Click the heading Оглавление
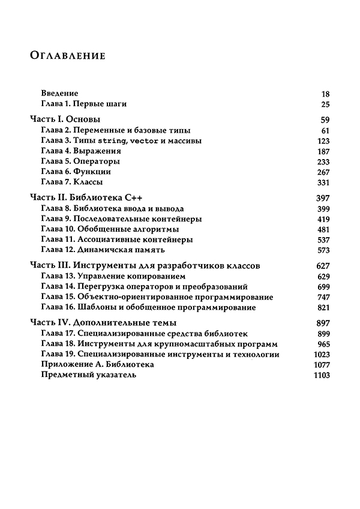pyautogui.click(x=67, y=56)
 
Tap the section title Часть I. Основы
pyautogui.click(x=65, y=119)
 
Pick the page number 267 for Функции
pyautogui.click(x=323, y=172)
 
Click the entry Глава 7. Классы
pyautogui.click(x=72, y=182)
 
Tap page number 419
pyautogui.click(x=323, y=218)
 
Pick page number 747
pyautogui.click(x=323, y=297)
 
